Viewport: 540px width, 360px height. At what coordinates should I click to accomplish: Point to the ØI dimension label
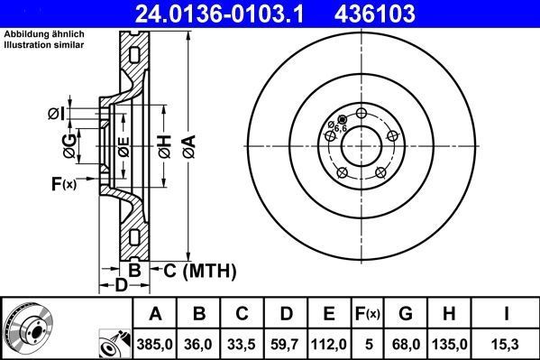[56, 114]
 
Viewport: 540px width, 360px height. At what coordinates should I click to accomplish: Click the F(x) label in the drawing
[64, 184]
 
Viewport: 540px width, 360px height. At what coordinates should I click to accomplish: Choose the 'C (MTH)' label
[197, 269]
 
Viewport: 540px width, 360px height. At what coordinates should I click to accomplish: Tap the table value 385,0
[156, 343]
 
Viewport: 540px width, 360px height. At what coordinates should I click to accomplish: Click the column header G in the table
[406, 314]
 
